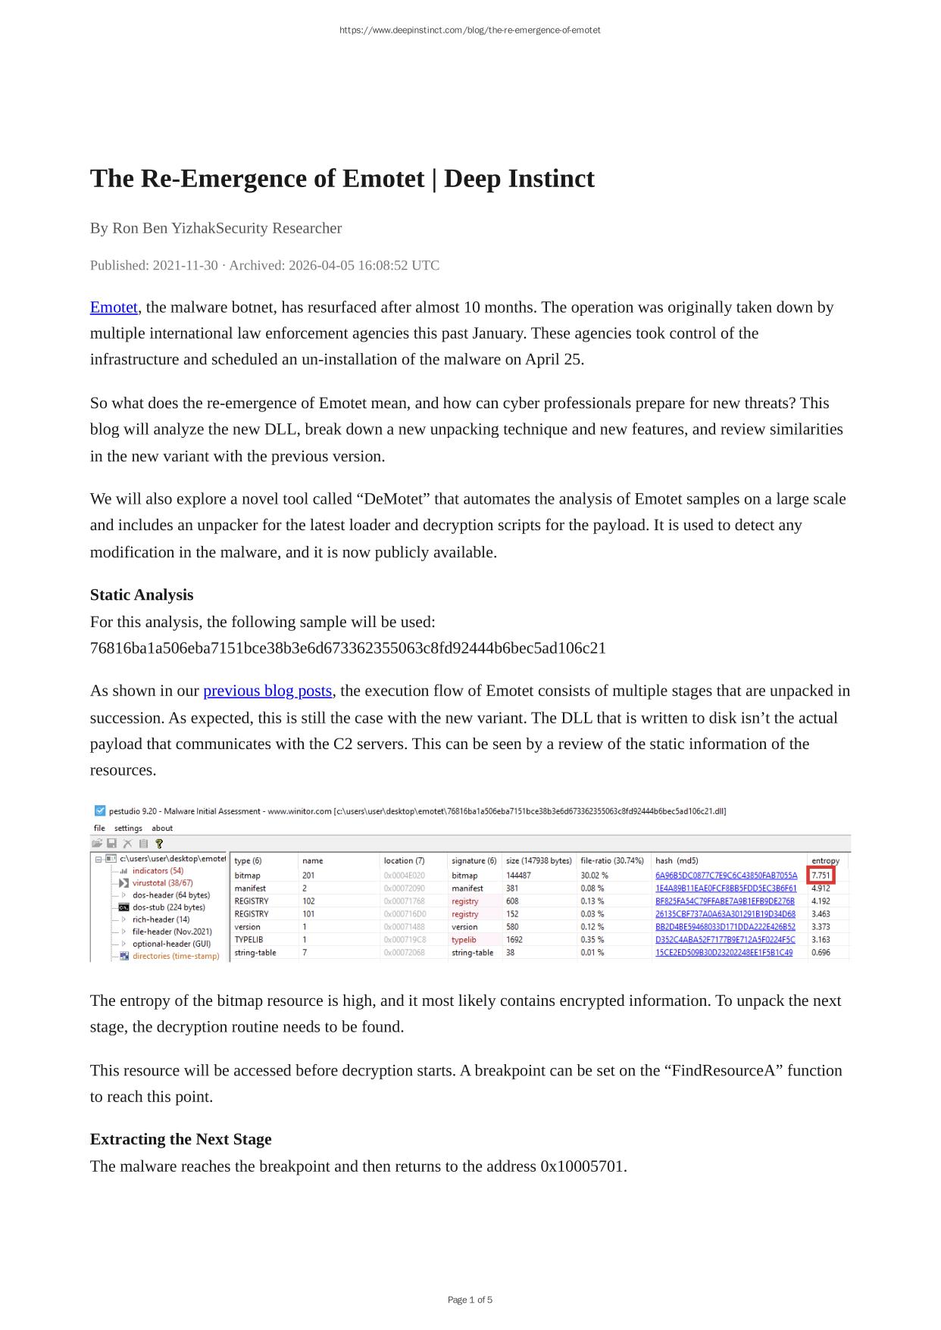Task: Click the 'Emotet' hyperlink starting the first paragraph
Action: (x=114, y=308)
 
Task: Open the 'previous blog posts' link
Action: (x=267, y=691)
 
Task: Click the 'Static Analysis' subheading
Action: (x=142, y=595)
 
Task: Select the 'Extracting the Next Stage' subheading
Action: (x=180, y=1139)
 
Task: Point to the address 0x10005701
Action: (x=583, y=1166)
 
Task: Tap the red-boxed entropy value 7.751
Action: (x=821, y=876)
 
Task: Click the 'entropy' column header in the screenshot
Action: (x=825, y=860)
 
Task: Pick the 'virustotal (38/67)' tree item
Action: (x=162, y=882)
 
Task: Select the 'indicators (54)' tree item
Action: (x=158, y=871)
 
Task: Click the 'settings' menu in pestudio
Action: (x=128, y=828)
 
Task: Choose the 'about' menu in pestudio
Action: (x=162, y=828)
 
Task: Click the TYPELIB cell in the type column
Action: (x=249, y=939)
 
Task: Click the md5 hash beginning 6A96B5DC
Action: (x=726, y=876)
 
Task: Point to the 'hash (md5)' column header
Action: (x=677, y=860)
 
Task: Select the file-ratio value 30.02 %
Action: (x=594, y=876)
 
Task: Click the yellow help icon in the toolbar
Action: (x=159, y=843)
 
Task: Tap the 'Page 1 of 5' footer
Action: (x=470, y=1300)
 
